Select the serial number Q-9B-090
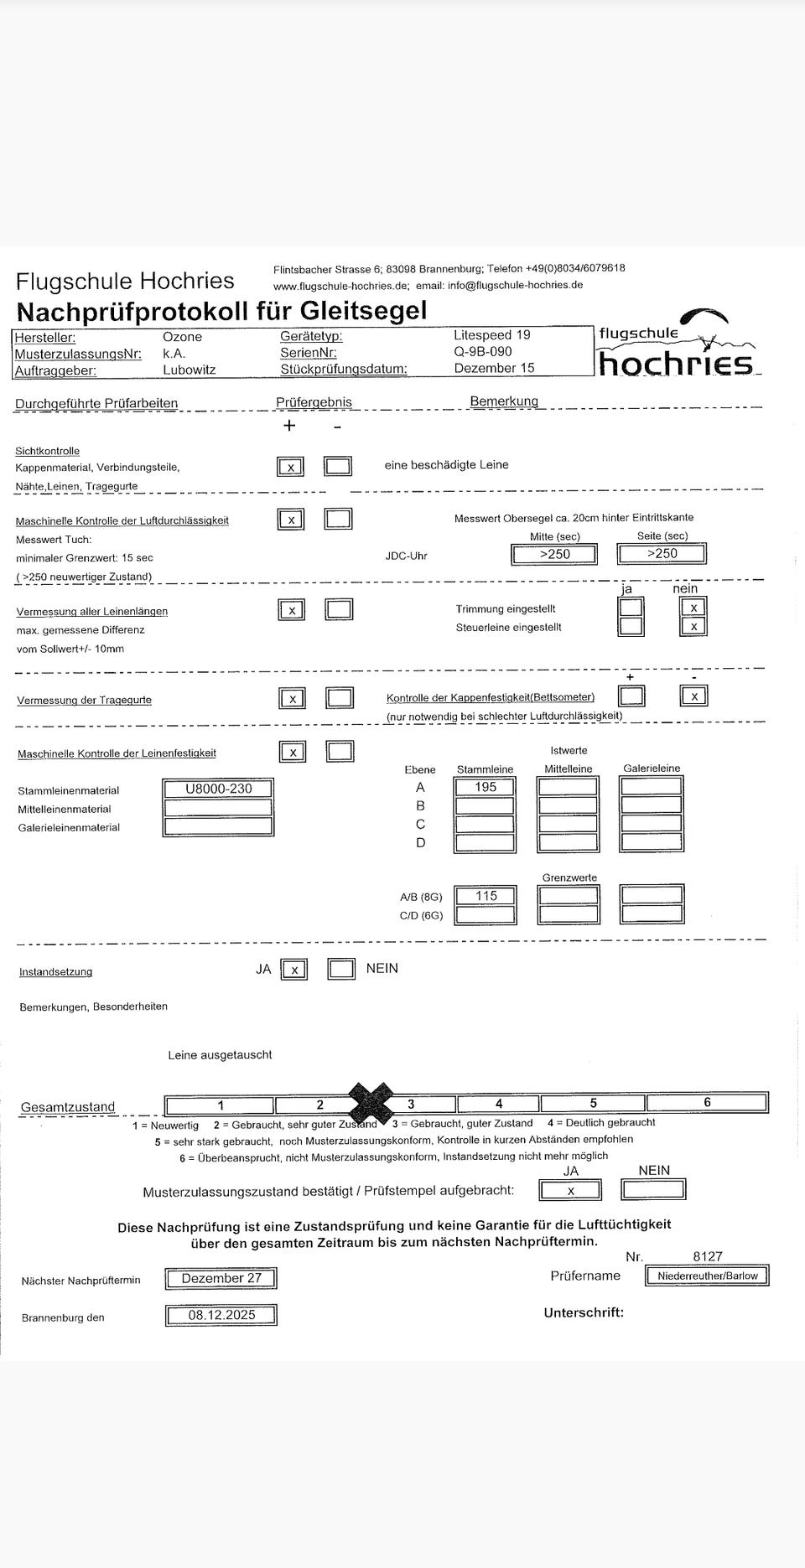[482, 352]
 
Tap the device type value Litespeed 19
[491, 334]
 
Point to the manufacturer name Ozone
[182, 336]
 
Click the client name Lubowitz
[189, 370]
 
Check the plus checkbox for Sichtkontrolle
[290, 467]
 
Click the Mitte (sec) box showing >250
[554, 554]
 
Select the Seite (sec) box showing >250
[662, 554]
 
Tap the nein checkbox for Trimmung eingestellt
[693, 608]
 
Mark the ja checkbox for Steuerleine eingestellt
[631, 626]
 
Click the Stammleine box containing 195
[485, 787]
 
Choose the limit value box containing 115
[486, 896]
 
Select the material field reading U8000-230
[218, 789]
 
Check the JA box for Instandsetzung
[293, 970]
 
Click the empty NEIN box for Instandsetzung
[340, 970]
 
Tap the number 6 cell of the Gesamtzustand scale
[706, 1103]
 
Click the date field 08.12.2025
[221, 1315]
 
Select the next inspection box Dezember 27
[221, 1278]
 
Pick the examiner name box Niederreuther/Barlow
[707, 1276]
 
